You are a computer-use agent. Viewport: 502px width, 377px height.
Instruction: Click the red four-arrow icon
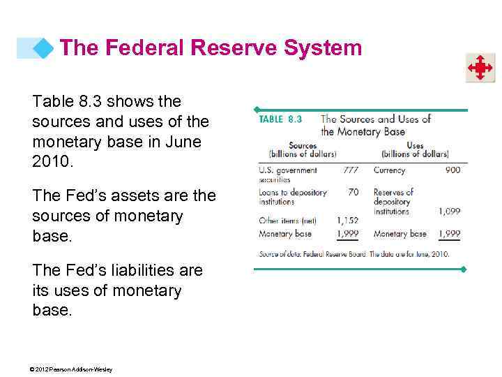tap(480, 68)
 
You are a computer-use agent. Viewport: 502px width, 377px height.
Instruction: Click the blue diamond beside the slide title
tap(43, 48)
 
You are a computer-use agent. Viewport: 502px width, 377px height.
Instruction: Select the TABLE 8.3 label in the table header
tap(280, 119)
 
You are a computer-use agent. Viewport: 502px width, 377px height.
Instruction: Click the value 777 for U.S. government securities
tap(351, 170)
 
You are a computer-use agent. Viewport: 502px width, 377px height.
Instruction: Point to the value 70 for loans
tap(353, 192)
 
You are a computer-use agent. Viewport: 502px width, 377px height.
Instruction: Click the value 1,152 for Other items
tap(347, 221)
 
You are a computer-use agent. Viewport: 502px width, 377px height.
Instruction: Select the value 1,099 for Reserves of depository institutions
tap(449, 211)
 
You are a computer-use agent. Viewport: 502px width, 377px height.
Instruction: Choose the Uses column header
tap(415, 146)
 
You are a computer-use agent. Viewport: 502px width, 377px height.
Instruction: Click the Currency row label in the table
tap(389, 170)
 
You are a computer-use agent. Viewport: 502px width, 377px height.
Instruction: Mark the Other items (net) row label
tap(287, 221)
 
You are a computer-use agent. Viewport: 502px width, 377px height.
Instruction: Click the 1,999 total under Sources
tap(347, 234)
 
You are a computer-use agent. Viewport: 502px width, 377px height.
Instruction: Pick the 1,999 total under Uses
tap(449, 234)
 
